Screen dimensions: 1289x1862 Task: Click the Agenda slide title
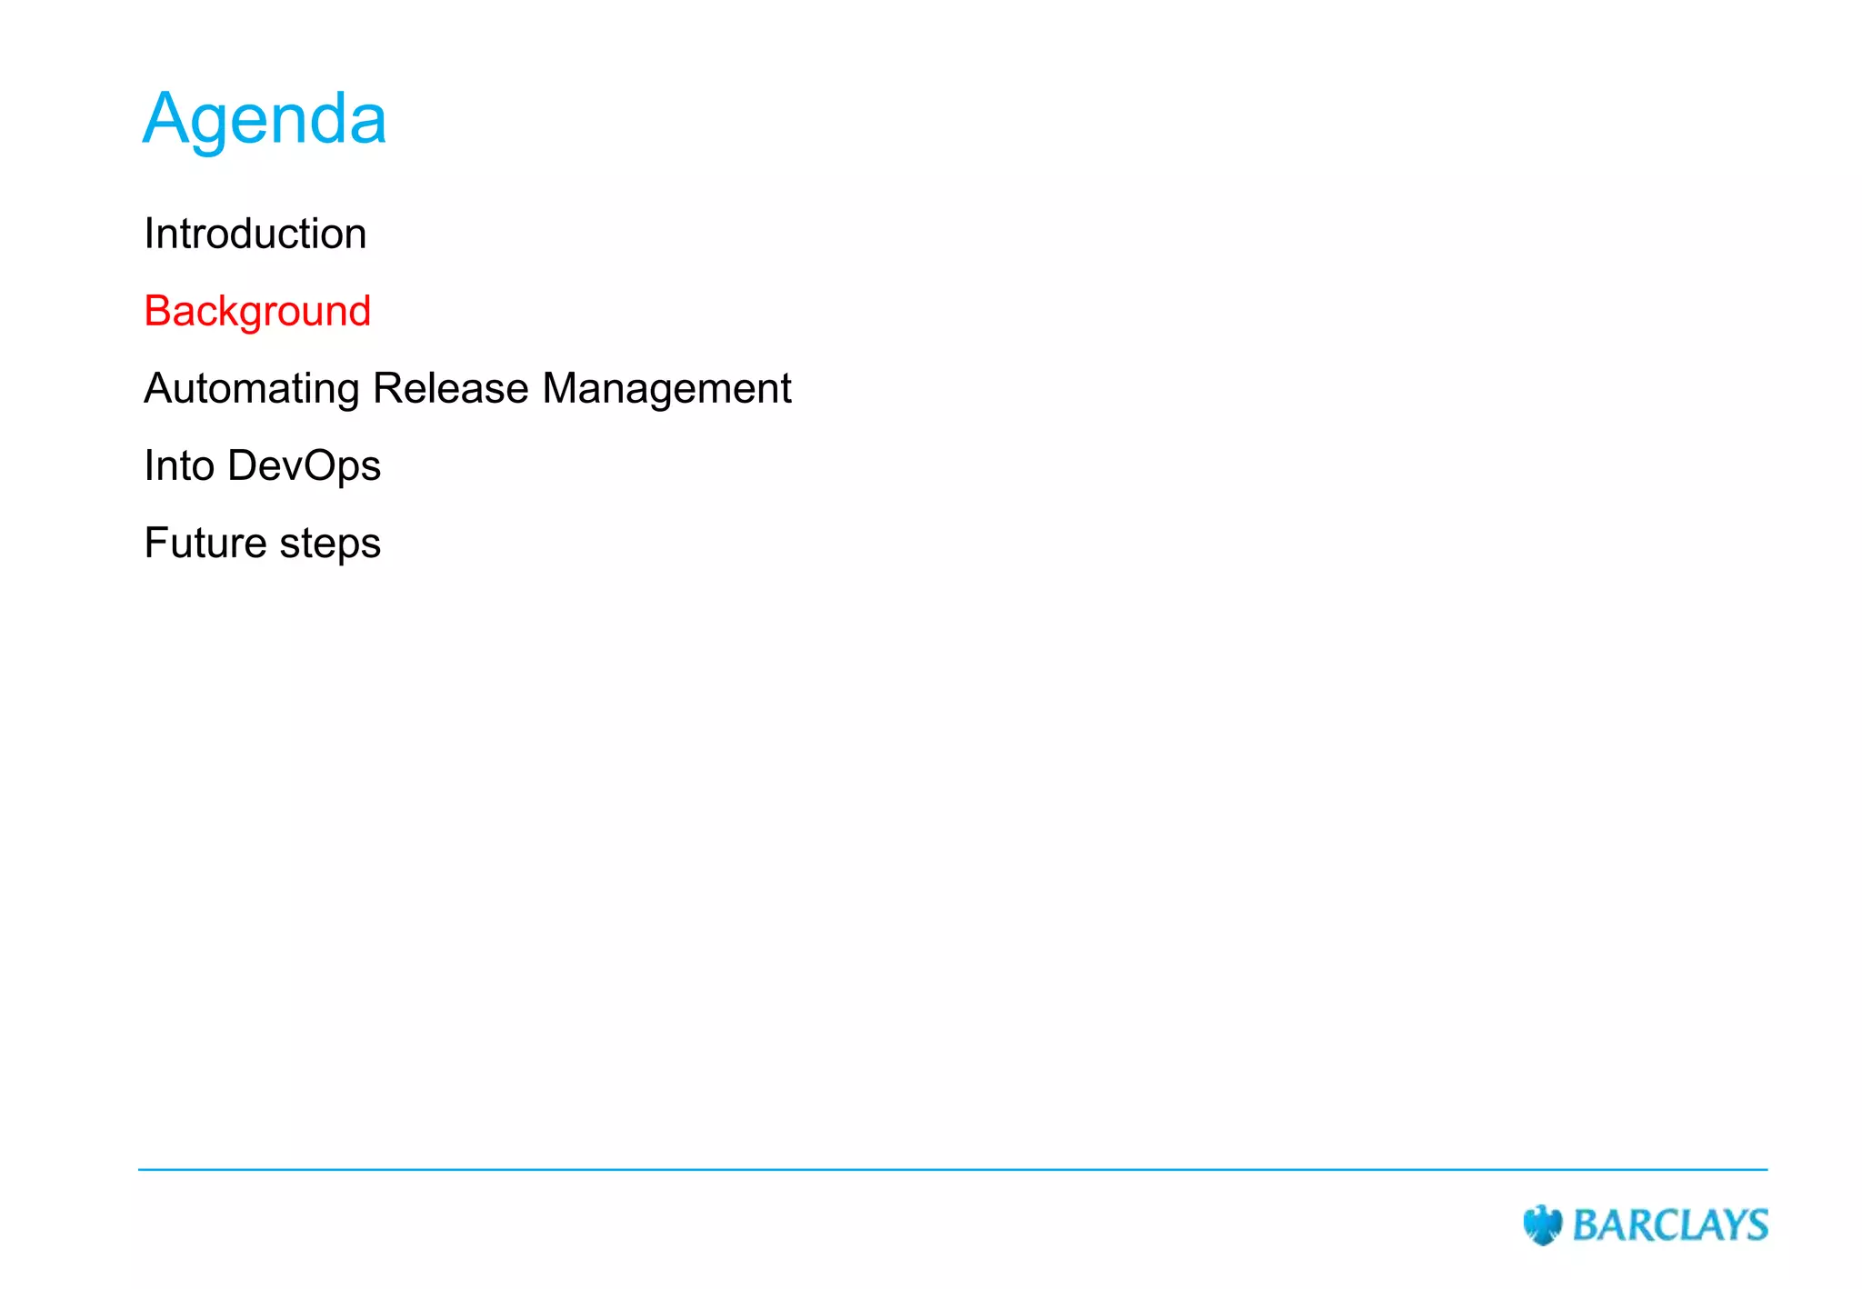tap(265, 120)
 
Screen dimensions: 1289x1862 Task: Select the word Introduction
tap(255, 235)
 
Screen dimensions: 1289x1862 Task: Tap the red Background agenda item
tap(257, 312)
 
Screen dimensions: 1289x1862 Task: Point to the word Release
tap(451, 389)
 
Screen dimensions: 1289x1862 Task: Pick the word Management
tap(666, 389)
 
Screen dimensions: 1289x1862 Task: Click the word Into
tap(178, 466)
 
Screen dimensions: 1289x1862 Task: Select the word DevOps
tap(304, 466)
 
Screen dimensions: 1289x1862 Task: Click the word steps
tap(330, 544)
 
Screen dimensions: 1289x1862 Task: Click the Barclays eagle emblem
tap(1542, 1224)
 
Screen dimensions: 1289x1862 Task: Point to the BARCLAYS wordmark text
tap(1670, 1225)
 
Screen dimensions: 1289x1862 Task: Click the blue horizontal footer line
tap(953, 1170)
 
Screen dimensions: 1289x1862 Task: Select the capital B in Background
tap(157, 312)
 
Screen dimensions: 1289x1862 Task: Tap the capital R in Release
tap(387, 389)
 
